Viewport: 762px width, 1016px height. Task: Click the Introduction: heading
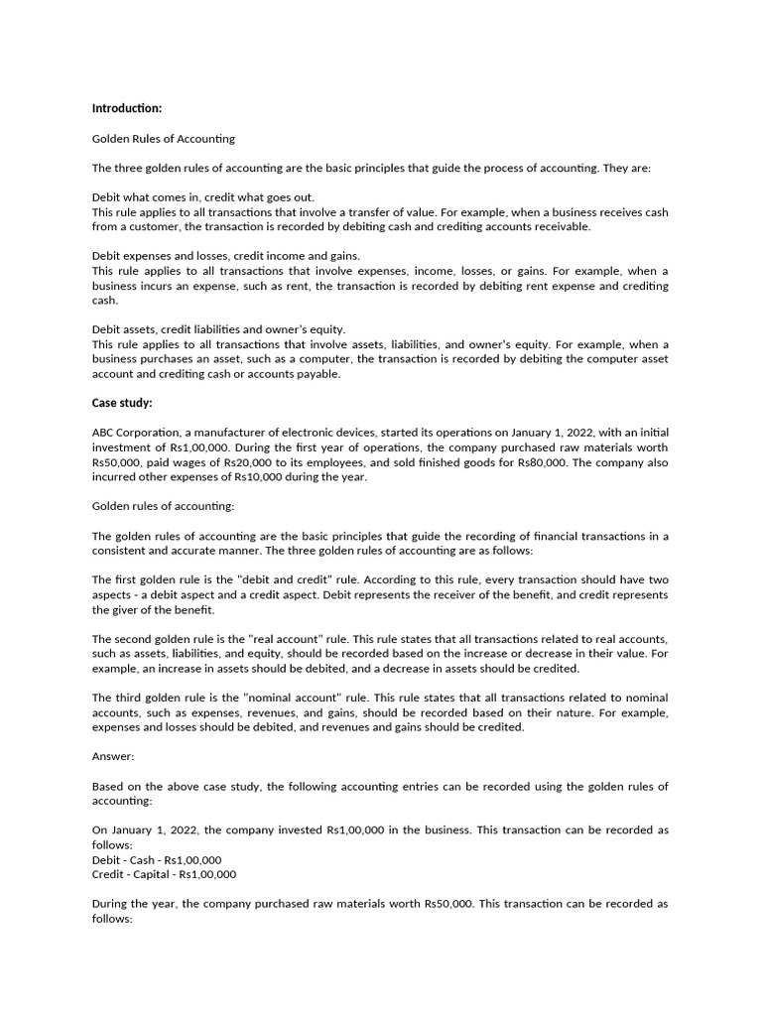coord(127,108)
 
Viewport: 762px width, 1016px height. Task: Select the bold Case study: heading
coord(122,404)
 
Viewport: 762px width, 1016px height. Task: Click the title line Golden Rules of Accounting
coord(163,139)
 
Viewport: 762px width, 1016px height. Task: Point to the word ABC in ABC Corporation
coord(105,433)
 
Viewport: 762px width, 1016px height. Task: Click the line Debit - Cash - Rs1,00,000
coord(157,860)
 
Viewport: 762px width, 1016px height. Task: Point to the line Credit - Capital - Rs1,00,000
coord(164,875)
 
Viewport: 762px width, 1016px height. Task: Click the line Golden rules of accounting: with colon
coord(163,507)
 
